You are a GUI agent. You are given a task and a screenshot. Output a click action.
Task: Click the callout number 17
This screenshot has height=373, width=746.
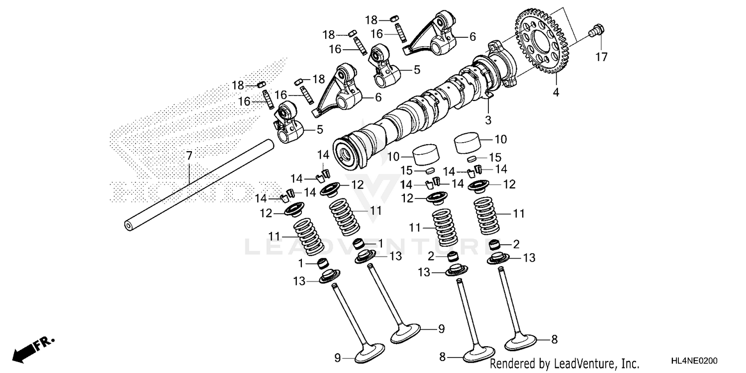click(x=601, y=57)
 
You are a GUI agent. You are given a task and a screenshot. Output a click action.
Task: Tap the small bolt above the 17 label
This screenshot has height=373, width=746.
click(x=596, y=31)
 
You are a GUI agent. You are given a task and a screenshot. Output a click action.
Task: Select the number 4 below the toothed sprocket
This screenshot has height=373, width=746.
click(x=556, y=92)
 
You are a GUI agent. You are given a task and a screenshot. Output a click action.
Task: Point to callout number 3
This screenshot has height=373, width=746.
click(x=488, y=120)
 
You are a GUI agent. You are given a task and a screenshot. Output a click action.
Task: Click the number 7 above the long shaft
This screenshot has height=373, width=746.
click(x=189, y=156)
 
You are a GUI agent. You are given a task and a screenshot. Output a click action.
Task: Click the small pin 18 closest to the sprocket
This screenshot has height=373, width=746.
click(x=395, y=19)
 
